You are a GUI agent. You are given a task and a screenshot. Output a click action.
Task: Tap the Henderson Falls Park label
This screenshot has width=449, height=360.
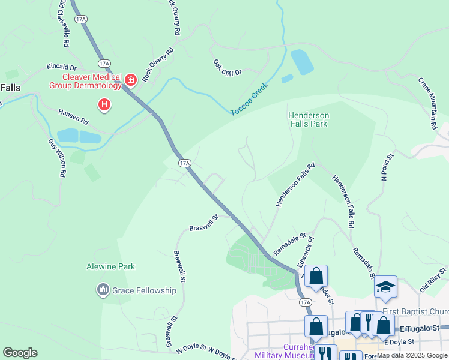(308, 119)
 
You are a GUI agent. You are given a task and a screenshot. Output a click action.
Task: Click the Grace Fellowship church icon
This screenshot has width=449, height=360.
(102, 290)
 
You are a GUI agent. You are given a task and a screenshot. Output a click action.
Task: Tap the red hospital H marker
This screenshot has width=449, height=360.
(105, 106)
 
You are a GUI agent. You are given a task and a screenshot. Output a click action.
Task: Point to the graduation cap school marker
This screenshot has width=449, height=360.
(386, 286)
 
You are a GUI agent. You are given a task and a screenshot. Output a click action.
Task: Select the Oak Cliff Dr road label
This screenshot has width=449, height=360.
(227, 67)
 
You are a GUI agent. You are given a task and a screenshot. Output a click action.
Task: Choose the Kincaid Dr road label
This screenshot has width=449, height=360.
(62, 67)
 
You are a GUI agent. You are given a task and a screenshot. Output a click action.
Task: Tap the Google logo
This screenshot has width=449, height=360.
(20, 353)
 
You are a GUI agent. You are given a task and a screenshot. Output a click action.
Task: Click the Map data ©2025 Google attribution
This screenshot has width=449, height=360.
(412, 355)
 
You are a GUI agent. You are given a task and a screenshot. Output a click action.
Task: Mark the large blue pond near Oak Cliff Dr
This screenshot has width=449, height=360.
(301, 62)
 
